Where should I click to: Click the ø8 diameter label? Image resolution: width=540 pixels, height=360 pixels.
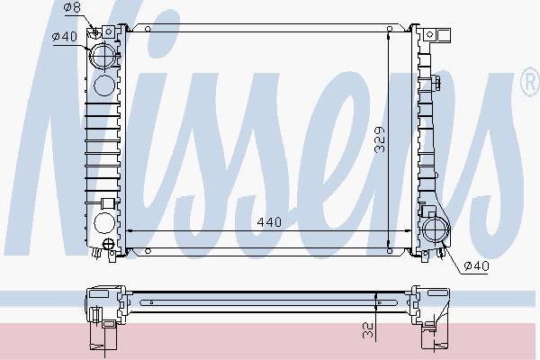[x=72, y=7]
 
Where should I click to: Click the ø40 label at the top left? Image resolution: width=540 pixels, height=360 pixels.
[x=65, y=36]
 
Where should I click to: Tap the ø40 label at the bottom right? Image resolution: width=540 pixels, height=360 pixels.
[x=476, y=265]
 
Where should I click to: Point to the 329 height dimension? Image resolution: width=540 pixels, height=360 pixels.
[x=380, y=139]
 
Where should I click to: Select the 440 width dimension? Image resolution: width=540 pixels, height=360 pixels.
[x=269, y=222]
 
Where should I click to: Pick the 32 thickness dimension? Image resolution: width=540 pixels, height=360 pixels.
[x=368, y=330]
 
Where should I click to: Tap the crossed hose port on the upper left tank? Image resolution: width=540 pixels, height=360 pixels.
[x=103, y=55]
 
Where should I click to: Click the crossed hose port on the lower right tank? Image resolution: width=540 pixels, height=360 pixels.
[x=436, y=229]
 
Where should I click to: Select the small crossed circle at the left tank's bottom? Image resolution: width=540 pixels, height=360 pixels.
[x=108, y=244]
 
